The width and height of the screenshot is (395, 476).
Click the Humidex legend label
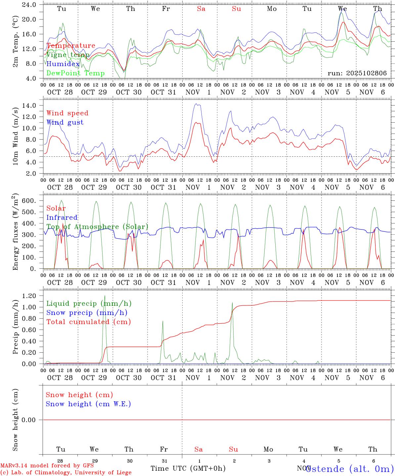tap(63, 64)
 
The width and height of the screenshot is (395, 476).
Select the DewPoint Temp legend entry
tap(75, 73)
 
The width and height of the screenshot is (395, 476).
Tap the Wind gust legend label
tap(65, 122)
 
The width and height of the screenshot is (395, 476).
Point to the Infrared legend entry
tap(62, 218)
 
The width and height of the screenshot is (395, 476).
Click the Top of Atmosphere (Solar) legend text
tap(97, 227)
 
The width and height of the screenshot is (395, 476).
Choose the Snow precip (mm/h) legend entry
tap(87, 313)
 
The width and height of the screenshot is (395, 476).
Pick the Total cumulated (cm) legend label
tap(88, 322)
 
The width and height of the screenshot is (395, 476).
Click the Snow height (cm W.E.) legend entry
tap(88, 404)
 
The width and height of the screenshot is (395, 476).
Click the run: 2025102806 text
tap(357, 73)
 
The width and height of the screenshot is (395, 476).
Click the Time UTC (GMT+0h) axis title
tap(188, 468)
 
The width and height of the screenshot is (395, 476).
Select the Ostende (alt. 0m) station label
tap(349, 469)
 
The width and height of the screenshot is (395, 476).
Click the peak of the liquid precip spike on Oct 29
tap(105, 296)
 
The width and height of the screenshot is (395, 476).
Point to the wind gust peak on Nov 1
tap(197, 104)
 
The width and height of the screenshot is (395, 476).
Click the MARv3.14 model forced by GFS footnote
tap(47, 465)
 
